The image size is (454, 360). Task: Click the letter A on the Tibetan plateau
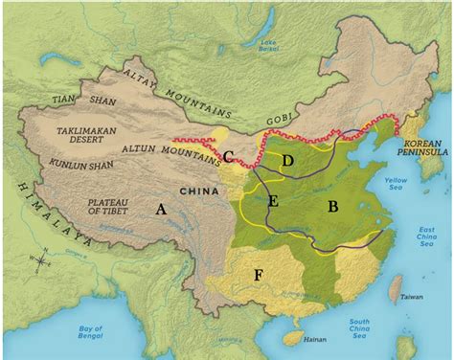pos(160,206)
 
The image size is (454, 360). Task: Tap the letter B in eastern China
pos(333,206)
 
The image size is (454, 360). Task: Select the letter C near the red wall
pos(229,156)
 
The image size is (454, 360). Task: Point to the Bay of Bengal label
pos(95,333)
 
